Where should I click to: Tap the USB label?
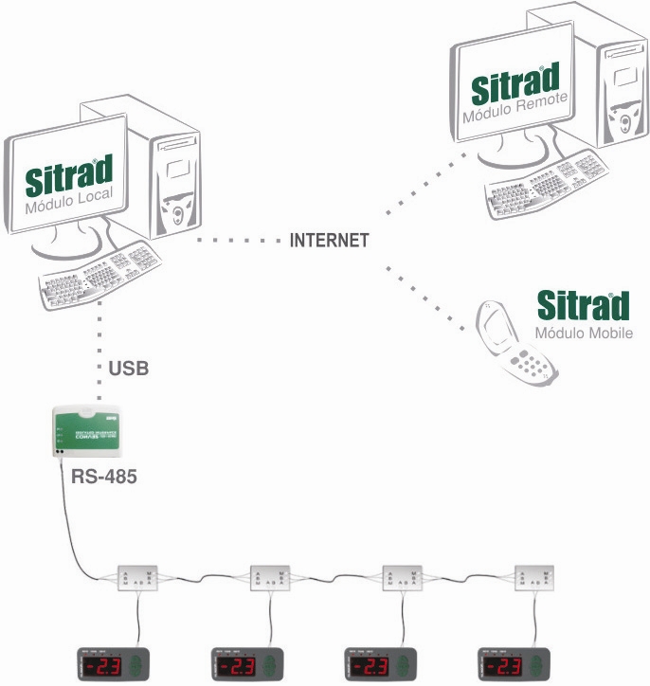(128, 367)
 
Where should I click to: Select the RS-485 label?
(104, 476)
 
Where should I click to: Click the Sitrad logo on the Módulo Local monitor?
(69, 175)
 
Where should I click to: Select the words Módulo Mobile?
(583, 334)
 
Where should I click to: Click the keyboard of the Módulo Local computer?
(100, 273)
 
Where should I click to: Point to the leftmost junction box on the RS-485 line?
(137, 577)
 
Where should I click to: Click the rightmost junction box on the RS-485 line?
(535, 577)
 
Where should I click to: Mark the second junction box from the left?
(270, 577)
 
